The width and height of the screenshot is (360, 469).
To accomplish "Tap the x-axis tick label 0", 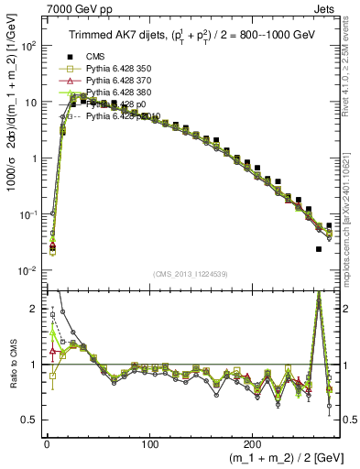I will pyautogui.click(x=46, y=439).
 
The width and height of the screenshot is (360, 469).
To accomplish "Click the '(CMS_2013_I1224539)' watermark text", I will pyautogui.click(x=191, y=275).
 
